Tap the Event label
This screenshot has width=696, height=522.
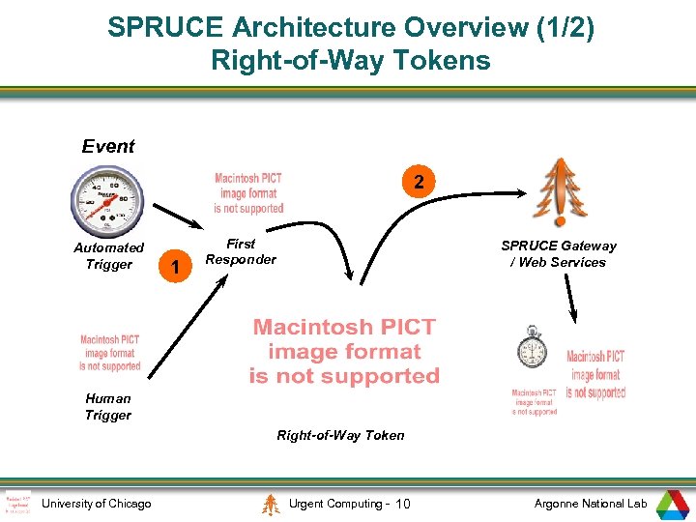pyautogui.click(x=108, y=147)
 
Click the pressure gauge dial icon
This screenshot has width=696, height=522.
pyautogui.click(x=106, y=201)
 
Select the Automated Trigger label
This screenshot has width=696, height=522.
pyautogui.click(x=108, y=256)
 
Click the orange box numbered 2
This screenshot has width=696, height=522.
pyautogui.click(x=417, y=182)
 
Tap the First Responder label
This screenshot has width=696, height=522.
pyautogui.click(x=241, y=252)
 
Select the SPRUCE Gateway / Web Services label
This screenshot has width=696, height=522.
pyautogui.click(x=559, y=253)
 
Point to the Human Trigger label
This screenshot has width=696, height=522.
pyautogui.click(x=108, y=406)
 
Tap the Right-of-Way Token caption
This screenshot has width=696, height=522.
pyautogui.click(x=341, y=435)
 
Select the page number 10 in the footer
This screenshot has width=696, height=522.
pyautogui.click(x=404, y=504)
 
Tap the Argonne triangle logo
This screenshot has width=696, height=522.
pyautogui.click(x=672, y=504)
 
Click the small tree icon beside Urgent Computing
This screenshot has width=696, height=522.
pyautogui.click(x=272, y=504)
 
